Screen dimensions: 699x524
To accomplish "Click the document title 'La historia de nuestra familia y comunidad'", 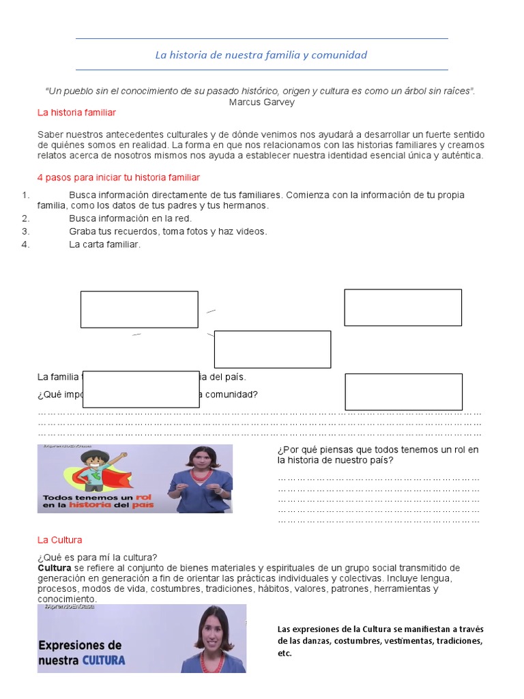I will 261,55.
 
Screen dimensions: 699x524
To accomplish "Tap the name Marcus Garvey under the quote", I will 262,102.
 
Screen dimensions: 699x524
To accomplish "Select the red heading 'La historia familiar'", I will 76,112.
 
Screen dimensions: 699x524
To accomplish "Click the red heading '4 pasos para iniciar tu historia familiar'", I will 119,177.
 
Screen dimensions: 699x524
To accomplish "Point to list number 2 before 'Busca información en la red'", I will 26,218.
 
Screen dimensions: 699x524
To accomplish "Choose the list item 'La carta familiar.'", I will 104,244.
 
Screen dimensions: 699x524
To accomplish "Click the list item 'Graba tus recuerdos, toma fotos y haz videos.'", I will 168,231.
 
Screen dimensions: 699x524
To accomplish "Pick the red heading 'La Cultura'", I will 59,540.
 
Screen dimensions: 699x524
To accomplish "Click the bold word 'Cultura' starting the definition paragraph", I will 55,568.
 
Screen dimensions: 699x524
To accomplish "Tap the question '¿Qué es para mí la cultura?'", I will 98,557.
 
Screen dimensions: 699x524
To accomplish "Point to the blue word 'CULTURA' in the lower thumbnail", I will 104,660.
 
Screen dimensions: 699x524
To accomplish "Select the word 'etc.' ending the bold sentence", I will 285,653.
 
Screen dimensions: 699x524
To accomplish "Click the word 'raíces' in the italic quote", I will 456,91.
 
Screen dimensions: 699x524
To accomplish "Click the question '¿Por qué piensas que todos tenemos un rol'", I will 378,449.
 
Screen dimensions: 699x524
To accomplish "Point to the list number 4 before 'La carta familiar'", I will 26,244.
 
